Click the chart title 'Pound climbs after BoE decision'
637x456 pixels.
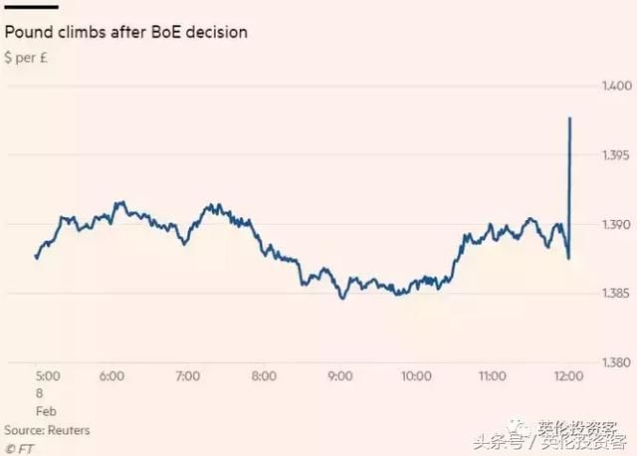126,32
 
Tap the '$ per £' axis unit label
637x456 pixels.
31,57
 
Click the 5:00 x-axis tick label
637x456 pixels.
48,376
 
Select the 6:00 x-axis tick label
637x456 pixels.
111,376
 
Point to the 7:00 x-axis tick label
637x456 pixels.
187,376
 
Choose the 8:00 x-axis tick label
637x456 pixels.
264,376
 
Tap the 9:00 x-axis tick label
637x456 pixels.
339,376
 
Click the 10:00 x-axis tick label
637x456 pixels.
415,376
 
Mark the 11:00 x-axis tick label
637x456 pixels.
492,376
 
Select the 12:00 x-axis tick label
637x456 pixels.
567,376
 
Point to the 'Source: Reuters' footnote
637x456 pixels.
47,429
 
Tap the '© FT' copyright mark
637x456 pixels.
19,447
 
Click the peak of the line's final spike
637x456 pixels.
569,118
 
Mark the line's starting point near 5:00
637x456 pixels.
36,258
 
